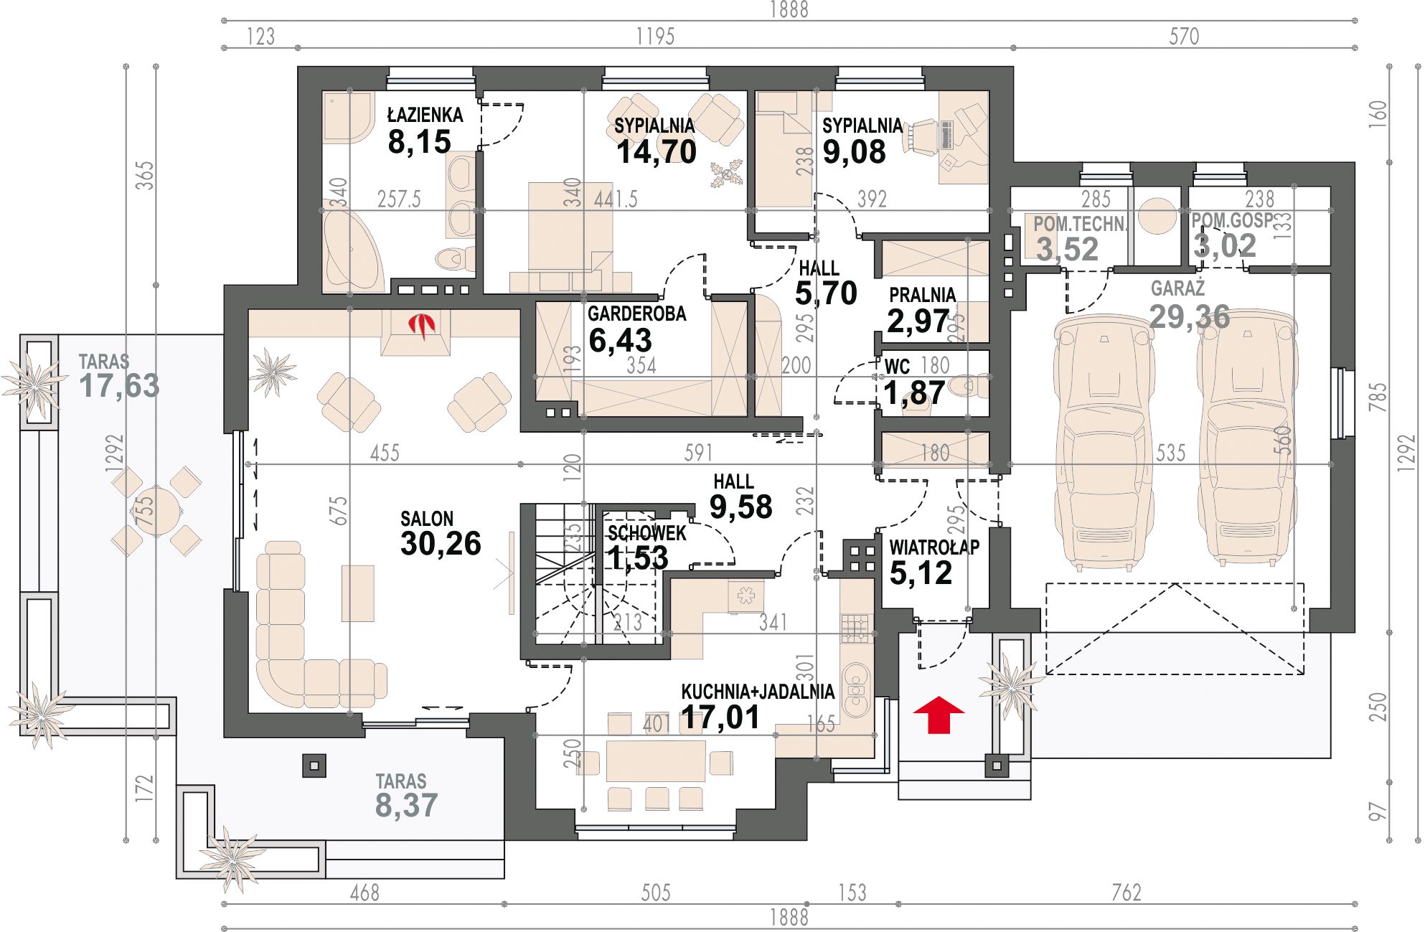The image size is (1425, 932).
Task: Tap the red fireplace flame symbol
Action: [x=422, y=326]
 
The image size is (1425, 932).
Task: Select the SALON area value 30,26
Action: [x=441, y=544]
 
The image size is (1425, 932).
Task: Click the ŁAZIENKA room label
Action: [x=425, y=115]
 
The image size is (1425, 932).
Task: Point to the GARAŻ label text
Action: [x=1177, y=288]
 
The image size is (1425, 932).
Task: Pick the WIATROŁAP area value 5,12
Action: [x=921, y=573]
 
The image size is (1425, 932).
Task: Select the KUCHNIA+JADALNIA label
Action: [x=758, y=692]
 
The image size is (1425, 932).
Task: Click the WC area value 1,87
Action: [x=914, y=393]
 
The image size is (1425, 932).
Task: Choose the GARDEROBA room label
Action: [x=636, y=314]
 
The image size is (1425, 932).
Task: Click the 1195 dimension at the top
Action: [x=655, y=36]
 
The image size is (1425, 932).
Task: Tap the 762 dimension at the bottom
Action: [x=1126, y=893]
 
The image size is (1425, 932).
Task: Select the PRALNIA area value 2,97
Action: [x=918, y=321]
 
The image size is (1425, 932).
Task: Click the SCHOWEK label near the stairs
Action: [x=646, y=533]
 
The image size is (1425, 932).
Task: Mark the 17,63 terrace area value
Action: [x=119, y=386]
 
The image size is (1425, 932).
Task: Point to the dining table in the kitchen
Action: [x=656, y=761]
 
